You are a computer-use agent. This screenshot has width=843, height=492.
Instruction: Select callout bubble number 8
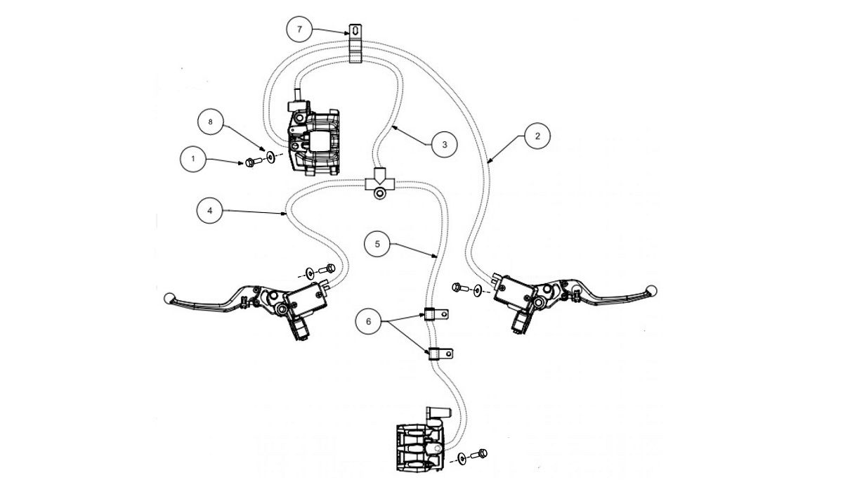(209, 122)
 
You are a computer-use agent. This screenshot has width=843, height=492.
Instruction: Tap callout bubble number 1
(193, 160)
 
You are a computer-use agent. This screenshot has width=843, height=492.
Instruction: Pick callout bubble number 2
(537, 136)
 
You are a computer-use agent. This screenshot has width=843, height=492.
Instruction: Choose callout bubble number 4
(210, 210)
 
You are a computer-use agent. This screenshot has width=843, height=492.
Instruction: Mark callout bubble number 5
(377, 244)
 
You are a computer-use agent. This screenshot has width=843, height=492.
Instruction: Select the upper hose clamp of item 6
(436, 313)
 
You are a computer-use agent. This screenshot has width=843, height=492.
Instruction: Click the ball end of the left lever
(168, 298)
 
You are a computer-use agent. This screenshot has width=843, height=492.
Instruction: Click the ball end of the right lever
(651, 289)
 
